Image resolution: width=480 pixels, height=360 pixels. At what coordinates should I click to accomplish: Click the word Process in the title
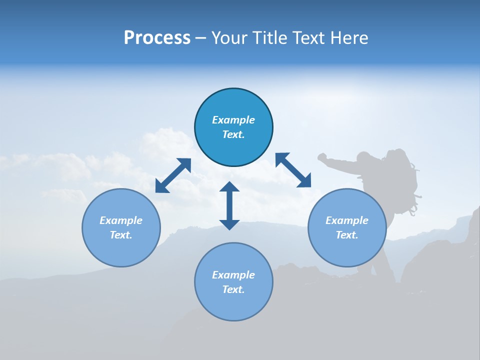pos(157,37)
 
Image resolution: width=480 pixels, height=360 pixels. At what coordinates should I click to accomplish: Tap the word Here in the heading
pos(348,37)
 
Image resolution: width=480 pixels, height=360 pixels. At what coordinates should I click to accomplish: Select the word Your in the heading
pos(229,37)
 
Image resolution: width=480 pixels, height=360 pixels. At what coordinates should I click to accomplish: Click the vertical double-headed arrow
pos(229,205)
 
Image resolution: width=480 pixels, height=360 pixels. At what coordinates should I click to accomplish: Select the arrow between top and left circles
pos(173,175)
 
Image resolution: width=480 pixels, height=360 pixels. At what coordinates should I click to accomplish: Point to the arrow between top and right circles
pos(293,170)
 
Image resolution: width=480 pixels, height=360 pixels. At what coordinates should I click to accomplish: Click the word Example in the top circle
pos(233,120)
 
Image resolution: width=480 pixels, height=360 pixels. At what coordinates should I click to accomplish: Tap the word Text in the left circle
pos(121,235)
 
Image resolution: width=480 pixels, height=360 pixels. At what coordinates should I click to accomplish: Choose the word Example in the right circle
pos(347,220)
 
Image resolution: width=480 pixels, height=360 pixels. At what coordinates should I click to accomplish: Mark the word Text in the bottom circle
pos(233,289)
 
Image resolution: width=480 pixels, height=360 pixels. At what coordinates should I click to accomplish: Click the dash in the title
pos(200,38)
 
